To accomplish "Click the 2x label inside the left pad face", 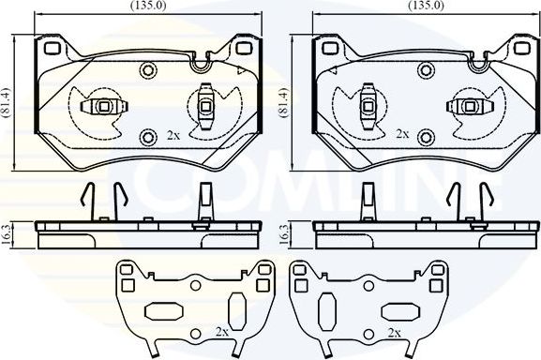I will point(173,133).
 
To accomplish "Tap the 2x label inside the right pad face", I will point(401,133).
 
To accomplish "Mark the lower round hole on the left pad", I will point(146,139).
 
